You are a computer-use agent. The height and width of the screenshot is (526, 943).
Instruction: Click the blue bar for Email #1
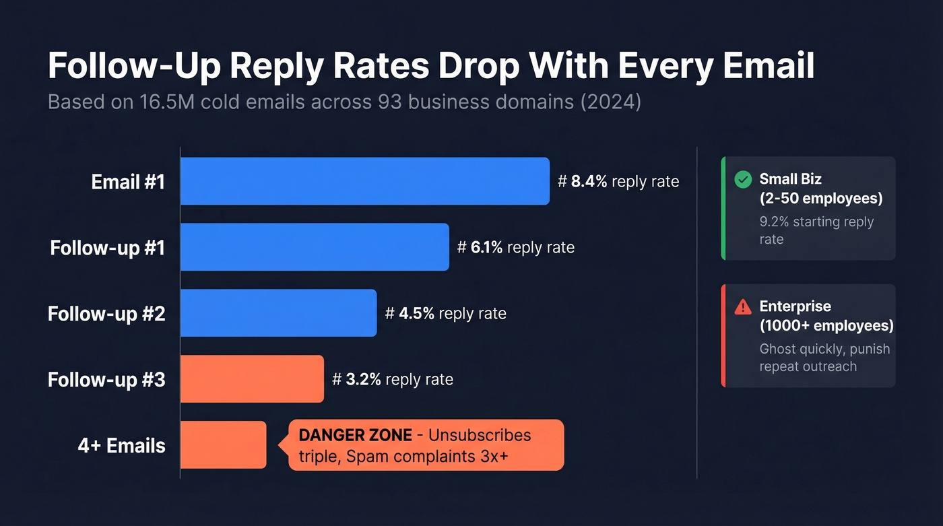pos(364,181)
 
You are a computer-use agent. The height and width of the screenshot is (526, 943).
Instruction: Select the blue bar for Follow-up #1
pos(315,247)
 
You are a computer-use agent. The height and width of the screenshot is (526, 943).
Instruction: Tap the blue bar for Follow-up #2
pos(278,313)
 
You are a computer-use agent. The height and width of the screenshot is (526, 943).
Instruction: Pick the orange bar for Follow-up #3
pos(252,379)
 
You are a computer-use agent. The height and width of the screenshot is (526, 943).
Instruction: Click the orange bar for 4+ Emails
pos(223,445)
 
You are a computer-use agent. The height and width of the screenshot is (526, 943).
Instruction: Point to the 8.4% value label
pos(589,182)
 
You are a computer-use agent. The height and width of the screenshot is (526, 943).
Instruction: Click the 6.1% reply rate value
pos(486,248)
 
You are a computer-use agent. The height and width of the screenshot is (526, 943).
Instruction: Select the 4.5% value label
pos(416,314)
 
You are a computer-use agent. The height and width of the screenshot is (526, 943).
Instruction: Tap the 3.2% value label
pos(364,380)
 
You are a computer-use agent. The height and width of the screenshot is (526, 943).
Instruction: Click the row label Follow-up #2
pos(106,314)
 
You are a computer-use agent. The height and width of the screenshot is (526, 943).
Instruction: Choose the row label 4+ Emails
pos(121,446)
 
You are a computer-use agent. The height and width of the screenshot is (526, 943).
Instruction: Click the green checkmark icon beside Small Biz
pos(742,179)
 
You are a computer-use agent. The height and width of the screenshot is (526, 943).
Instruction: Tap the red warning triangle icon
pos(742,307)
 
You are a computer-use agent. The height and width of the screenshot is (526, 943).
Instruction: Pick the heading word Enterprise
pos(795,306)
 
